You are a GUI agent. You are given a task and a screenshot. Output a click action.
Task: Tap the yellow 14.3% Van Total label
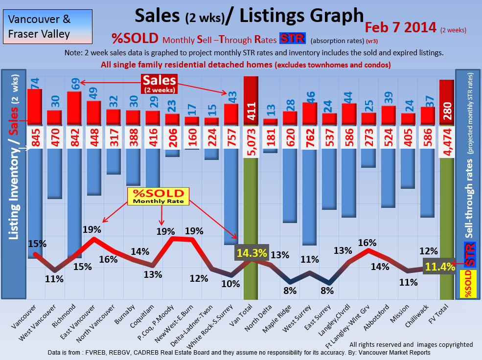[252, 253]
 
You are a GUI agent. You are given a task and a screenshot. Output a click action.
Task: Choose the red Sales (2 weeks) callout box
[159, 83]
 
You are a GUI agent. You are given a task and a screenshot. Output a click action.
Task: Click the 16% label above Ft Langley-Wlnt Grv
[367, 243]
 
